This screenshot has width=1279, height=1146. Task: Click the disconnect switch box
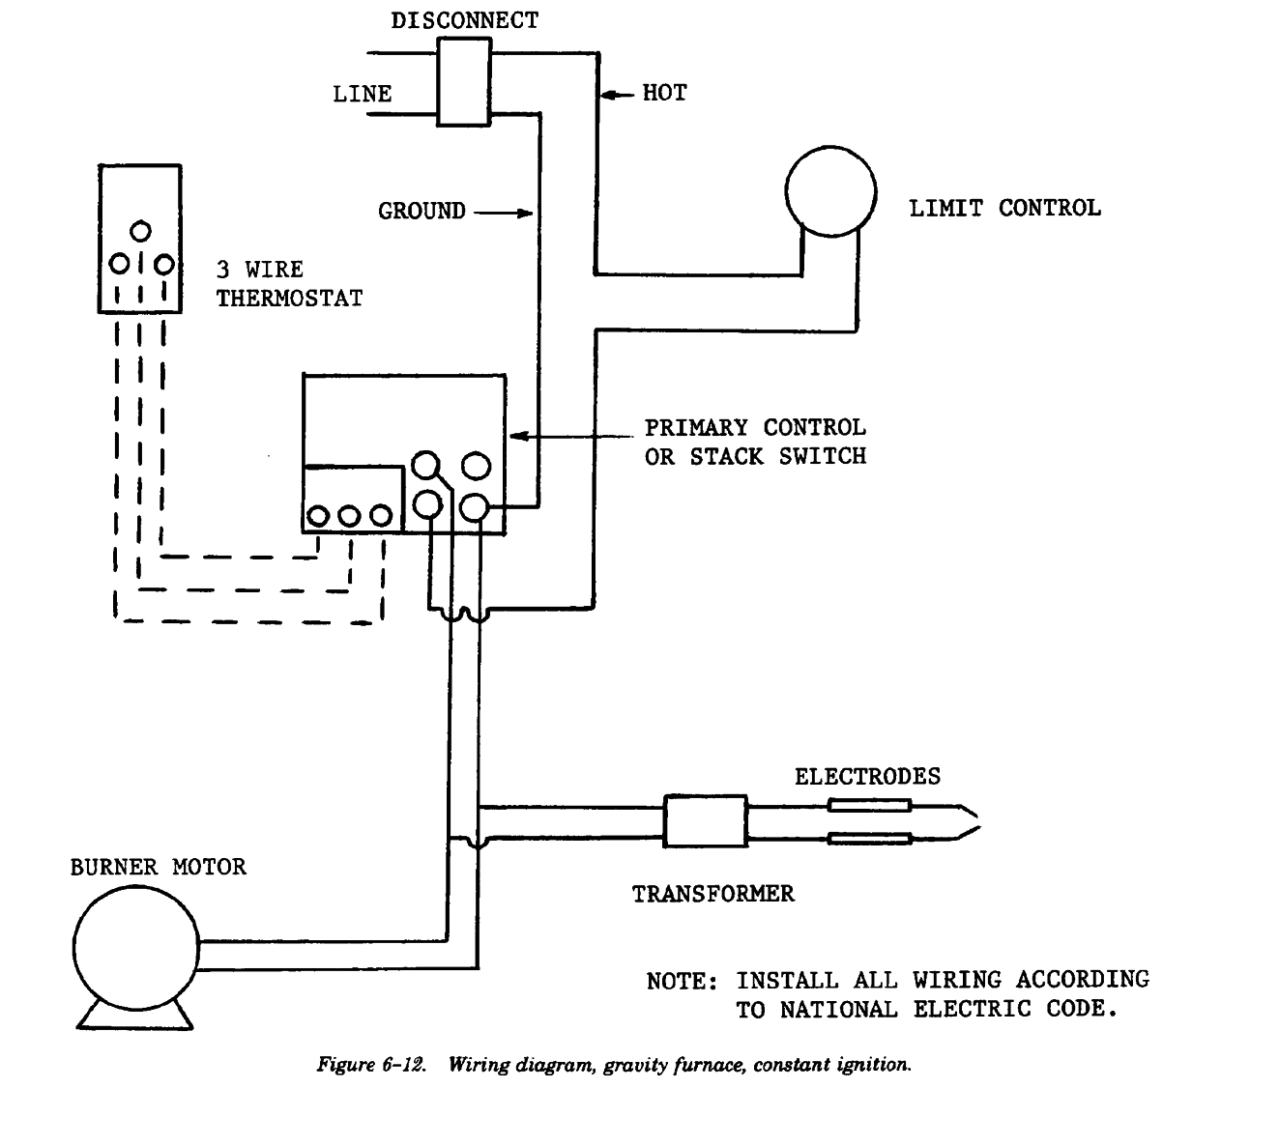point(464,82)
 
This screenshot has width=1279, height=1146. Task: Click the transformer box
point(704,821)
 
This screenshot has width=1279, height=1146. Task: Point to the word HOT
point(664,93)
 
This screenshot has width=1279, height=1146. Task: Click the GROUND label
point(421,211)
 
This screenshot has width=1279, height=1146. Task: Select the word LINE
point(363,94)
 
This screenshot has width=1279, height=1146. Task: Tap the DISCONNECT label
point(465,20)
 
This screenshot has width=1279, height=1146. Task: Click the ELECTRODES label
point(867,776)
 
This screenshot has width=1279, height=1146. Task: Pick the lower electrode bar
point(869,838)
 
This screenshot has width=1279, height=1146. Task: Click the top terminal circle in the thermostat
point(141,231)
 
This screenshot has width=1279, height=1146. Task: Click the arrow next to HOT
point(617,94)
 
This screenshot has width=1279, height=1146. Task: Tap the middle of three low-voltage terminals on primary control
point(349,516)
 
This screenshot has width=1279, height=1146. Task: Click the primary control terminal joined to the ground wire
point(476,505)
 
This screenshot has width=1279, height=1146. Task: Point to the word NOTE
point(680,981)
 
